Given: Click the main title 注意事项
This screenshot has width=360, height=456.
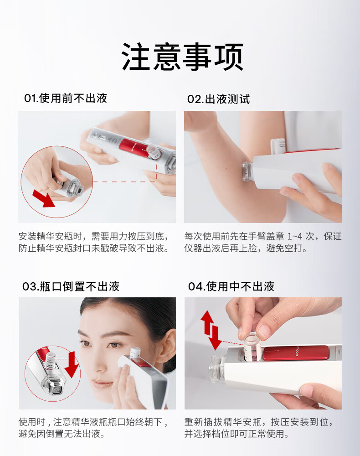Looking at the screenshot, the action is pyautogui.click(x=182, y=57).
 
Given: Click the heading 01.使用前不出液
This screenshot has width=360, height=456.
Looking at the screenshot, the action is pyautogui.click(x=66, y=98).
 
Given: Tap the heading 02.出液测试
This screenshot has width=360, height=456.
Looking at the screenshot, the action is pyautogui.click(x=218, y=99).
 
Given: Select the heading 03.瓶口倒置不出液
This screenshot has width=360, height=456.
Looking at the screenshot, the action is pyautogui.click(x=71, y=286).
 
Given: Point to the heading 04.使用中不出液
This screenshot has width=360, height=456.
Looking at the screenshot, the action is pyautogui.click(x=231, y=286).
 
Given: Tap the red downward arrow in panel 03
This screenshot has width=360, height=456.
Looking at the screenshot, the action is pyautogui.click(x=72, y=364).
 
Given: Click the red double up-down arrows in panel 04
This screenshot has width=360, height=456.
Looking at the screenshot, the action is pyautogui.click(x=211, y=330).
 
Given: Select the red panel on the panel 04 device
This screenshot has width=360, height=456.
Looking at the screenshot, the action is pyautogui.click(x=296, y=352).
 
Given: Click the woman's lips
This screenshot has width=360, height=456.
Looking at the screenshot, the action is pyautogui.click(x=100, y=384).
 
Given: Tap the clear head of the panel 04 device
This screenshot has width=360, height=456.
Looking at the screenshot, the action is pyautogui.click(x=216, y=368).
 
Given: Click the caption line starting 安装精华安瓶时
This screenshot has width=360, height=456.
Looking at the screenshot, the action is pyautogui.click(x=93, y=236).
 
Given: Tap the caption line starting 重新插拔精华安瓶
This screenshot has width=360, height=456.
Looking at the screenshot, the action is pyautogui.click(x=258, y=422).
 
